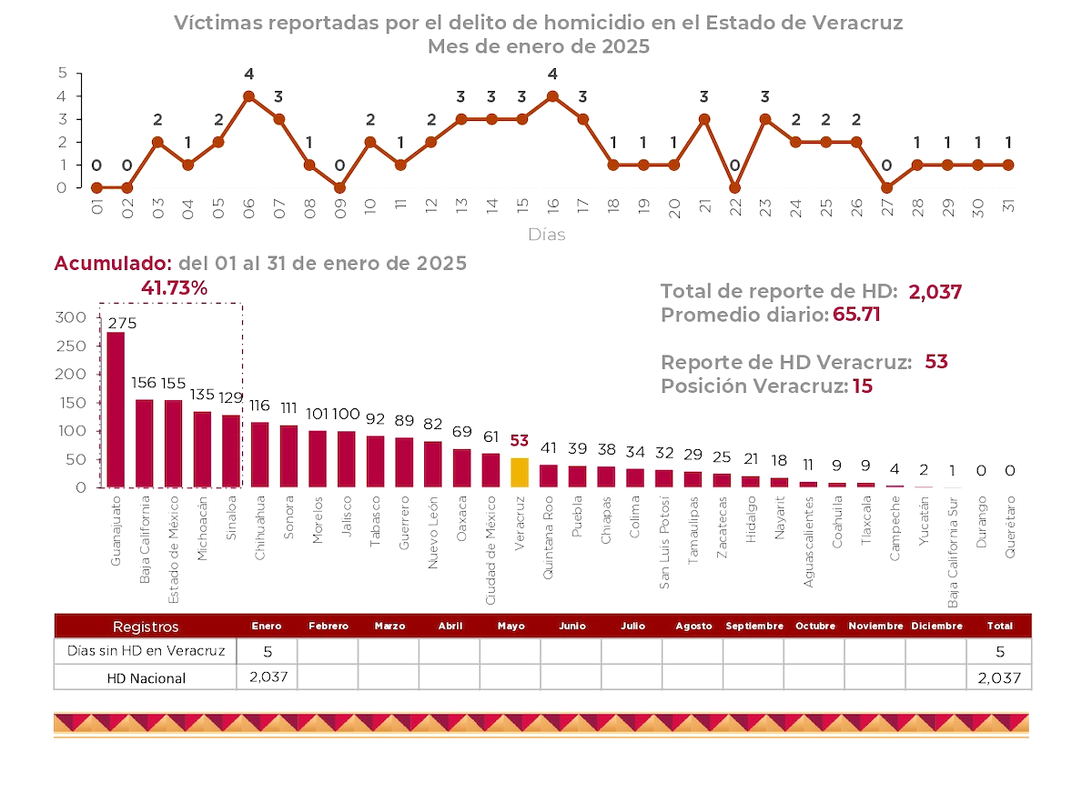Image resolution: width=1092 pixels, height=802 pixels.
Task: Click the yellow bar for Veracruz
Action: [x=519, y=472]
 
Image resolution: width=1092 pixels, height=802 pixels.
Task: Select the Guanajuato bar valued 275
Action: [x=116, y=409]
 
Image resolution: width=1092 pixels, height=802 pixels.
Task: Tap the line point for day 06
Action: [x=248, y=95]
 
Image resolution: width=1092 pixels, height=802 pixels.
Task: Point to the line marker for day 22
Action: [x=734, y=187]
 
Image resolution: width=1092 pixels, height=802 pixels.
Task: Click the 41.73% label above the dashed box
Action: [x=174, y=287]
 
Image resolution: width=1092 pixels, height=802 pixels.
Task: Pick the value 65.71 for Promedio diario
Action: [x=856, y=315]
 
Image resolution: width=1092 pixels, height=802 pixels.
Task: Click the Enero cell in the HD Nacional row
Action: [x=267, y=677]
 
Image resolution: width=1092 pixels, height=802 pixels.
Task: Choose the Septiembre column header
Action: [x=753, y=626]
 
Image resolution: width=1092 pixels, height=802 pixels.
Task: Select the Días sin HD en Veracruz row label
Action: [x=146, y=651]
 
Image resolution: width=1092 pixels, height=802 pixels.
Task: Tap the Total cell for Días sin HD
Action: [x=999, y=651]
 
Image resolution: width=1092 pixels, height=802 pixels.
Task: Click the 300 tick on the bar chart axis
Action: [x=70, y=317]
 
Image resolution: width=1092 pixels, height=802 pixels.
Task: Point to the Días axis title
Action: [x=546, y=235]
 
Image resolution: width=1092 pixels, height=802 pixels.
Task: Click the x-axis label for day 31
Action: [x=1007, y=206]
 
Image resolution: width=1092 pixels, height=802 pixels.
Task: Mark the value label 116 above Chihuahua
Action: [x=259, y=406]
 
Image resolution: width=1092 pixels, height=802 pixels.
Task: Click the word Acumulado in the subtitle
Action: [x=113, y=263]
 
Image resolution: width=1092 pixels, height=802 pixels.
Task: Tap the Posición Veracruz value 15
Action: [x=862, y=386]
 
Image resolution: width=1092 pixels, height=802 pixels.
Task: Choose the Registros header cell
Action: [x=146, y=626]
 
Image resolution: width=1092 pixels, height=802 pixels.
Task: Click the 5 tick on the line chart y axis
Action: [x=62, y=73]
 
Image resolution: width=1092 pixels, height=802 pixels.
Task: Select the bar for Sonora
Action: [x=288, y=456]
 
